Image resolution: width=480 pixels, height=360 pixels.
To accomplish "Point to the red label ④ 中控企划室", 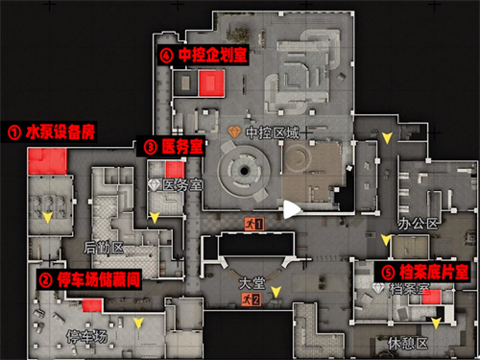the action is [204, 56].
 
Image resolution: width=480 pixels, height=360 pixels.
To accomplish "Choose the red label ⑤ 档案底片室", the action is [426, 272].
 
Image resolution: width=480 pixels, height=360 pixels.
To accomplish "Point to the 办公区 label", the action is [423, 224].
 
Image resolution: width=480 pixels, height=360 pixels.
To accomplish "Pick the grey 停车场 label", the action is [84, 336].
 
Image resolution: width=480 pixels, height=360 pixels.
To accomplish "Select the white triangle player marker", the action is [290, 207].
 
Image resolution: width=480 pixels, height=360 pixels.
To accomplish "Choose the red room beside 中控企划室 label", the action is [212, 84].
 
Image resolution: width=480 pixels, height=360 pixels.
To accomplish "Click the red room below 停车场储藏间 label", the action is [92, 305].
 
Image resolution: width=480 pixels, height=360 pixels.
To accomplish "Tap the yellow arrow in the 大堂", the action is [276, 291].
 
